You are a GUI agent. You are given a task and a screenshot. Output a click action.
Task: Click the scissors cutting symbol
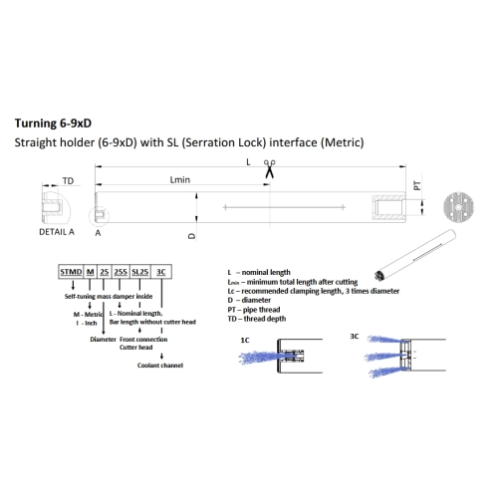click(x=270, y=168)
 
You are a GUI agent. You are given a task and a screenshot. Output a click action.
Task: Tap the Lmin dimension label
click(x=180, y=179)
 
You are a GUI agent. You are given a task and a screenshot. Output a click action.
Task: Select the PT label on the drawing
click(x=417, y=185)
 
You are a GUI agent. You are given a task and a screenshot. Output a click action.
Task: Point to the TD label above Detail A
click(x=68, y=181)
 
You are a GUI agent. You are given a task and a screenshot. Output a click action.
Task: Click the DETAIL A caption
click(x=57, y=232)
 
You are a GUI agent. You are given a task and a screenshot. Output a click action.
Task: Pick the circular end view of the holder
click(x=458, y=207)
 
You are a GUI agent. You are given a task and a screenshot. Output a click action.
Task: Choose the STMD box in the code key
click(x=71, y=272)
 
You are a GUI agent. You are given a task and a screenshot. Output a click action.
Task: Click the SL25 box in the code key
click(x=139, y=272)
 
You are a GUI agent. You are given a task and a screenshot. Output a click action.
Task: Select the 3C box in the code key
click(x=161, y=272)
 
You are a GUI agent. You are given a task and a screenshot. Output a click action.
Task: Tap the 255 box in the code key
click(x=121, y=272)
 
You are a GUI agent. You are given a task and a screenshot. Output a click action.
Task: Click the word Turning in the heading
click(x=36, y=124)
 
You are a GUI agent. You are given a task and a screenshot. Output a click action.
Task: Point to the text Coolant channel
click(x=160, y=366)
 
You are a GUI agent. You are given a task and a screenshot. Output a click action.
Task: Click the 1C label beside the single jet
click(x=245, y=341)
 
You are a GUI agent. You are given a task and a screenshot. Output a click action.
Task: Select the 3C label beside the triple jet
click(x=355, y=337)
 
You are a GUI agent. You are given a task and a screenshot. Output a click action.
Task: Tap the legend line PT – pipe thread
click(x=254, y=310)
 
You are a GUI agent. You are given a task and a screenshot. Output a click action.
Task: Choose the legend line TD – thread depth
click(x=257, y=319)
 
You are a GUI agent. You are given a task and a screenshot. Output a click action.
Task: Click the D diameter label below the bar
click(x=192, y=236)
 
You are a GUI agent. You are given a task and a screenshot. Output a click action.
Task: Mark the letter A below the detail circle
click(x=98, y=233)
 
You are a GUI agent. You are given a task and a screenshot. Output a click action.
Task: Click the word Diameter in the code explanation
click(x=103, y=340)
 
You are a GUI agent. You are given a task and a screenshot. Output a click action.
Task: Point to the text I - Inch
click(x=87, y=323)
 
